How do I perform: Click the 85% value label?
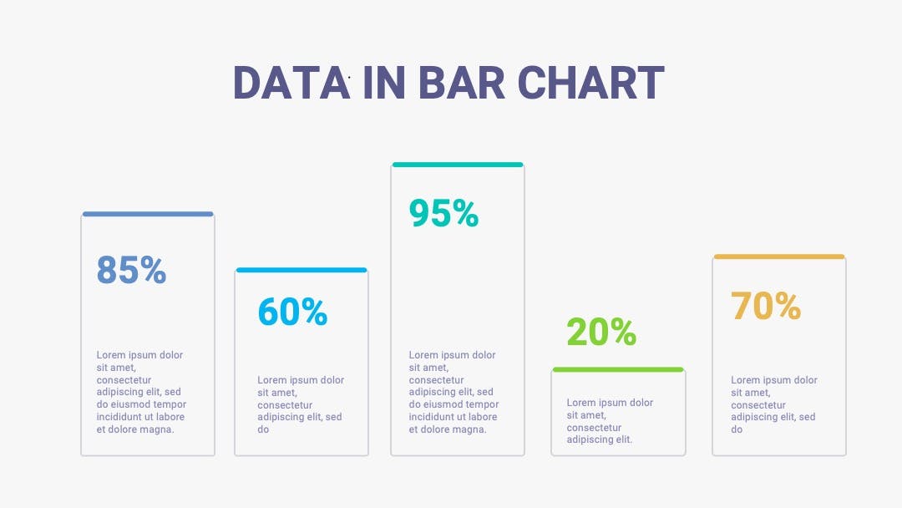131,270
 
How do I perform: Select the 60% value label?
292,312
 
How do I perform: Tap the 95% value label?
443,213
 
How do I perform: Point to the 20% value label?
601,332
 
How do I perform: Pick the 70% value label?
766,306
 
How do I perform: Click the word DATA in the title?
291,83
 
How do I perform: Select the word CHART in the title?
590,83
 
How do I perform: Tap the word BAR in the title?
461,83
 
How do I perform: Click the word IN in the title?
384,83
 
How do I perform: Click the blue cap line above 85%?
148,214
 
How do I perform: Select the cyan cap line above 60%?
302,270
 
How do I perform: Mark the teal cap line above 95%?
458,165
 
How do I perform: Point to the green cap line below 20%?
618,369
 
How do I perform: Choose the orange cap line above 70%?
779,257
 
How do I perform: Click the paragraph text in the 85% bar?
141,393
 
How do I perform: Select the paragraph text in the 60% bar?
301,404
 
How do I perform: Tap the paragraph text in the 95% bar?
454,393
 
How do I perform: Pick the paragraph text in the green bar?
610,421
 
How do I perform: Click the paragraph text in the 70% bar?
773,404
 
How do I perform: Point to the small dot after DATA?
349,77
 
